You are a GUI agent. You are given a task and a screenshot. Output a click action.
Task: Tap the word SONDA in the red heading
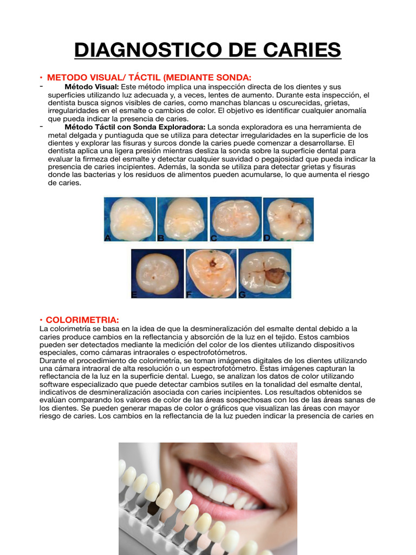tap(233, 78)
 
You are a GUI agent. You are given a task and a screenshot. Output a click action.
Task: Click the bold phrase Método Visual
tap(92, 87)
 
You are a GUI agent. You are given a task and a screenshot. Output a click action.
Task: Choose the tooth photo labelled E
tap(157, 273)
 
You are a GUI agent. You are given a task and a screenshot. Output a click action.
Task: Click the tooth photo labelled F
tap(211, 273)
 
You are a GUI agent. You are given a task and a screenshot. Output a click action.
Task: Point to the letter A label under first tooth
tap(108, 237)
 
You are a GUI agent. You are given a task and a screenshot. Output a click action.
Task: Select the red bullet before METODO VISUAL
tap(42, 78)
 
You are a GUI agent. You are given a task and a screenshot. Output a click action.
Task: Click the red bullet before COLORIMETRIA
tap(42, 320)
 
